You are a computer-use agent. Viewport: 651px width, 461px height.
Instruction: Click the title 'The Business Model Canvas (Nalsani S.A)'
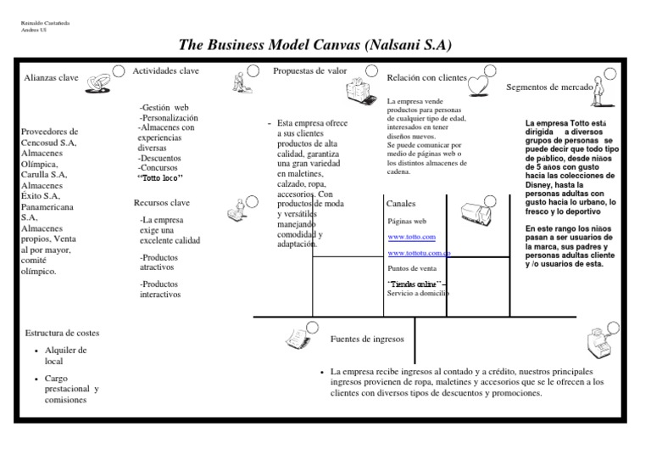325,44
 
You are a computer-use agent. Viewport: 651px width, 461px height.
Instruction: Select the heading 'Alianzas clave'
51,78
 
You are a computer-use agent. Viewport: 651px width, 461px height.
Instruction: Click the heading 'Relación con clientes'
426,78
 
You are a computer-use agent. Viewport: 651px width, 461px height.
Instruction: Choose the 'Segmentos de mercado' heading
549,87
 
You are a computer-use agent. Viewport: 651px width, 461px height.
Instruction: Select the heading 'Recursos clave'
162,203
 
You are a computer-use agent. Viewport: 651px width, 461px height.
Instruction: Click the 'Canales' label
401,205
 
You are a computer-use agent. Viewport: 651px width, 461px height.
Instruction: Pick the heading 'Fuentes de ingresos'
366,339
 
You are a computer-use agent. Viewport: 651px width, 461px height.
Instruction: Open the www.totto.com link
411,237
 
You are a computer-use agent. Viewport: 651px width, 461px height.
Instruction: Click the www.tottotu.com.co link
419,253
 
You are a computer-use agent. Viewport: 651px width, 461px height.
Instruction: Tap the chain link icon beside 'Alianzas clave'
100,82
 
